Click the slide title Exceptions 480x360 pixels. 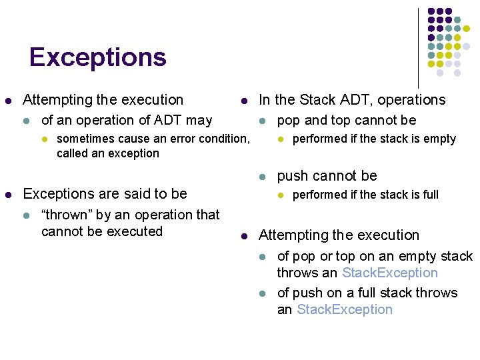coord(97,57)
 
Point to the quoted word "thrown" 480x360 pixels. coord(65,215)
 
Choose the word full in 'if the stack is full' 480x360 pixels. coord(430,195)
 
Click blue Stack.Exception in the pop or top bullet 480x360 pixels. coord(389,273)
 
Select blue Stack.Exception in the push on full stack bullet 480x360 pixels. coord(345,309)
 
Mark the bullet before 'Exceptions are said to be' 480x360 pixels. coord(8,194)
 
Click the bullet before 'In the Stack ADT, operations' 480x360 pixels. coord(244,101)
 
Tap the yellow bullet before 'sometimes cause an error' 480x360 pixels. coord(44,139)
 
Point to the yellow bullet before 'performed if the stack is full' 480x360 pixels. coord(280,195)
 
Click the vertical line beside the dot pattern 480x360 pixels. coord(419,47)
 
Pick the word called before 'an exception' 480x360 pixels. coord(71,153)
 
